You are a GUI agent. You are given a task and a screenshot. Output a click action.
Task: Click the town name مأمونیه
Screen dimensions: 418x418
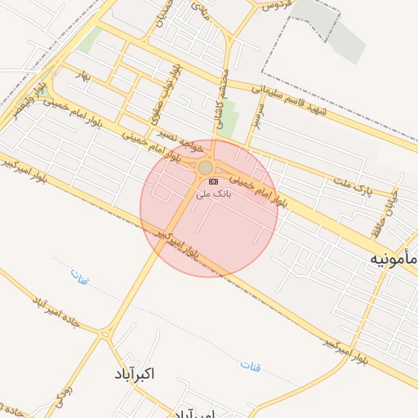393,259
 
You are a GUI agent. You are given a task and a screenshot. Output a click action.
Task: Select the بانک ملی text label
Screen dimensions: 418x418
216,194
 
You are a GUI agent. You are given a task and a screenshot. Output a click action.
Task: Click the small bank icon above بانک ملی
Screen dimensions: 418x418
214,181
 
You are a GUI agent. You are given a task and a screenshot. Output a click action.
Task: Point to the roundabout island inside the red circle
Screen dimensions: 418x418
205,167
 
